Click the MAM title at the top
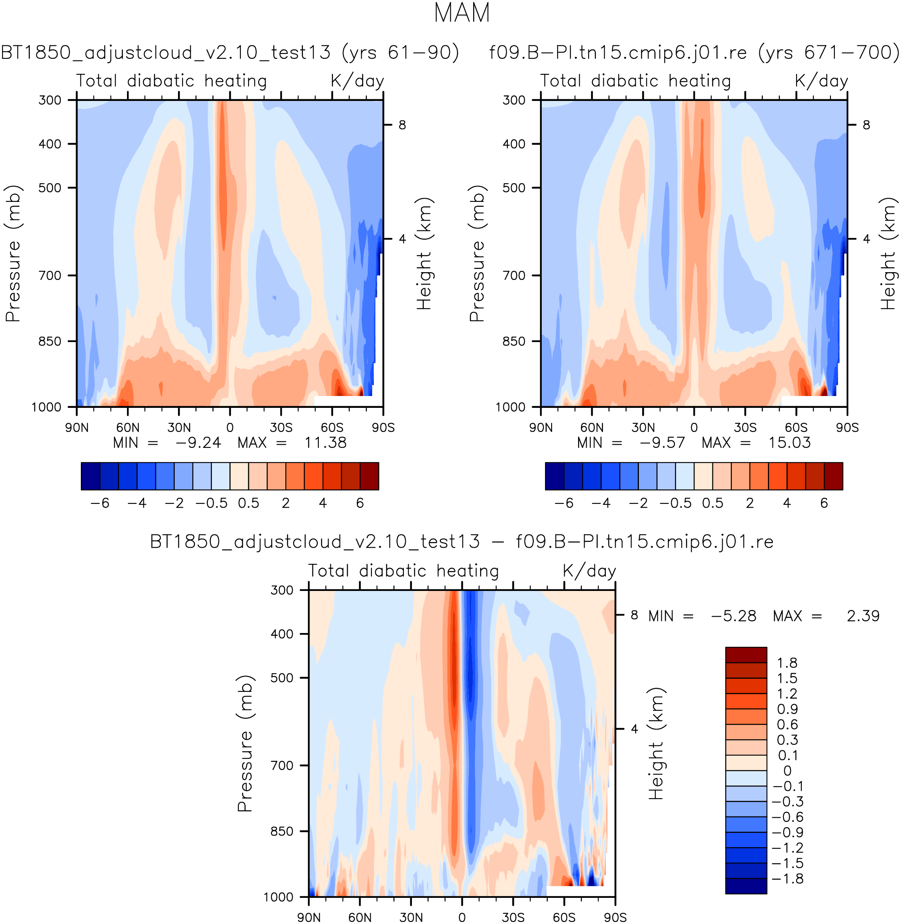pos(462,13)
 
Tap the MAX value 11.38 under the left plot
pos(325,443)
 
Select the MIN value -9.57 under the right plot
pos(662,443)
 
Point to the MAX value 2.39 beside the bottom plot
pos(863,616)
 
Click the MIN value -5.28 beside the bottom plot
pos(733,616)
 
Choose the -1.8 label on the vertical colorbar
pos(787,879)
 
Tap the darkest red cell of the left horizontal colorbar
pos(369,476)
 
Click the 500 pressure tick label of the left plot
pos(50,188)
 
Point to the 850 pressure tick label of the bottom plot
pos(282,831)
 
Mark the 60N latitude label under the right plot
pos(592,427)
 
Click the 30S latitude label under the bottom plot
pos(513,917)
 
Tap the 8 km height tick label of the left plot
pos(402,125)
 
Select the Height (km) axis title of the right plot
pos(888,253)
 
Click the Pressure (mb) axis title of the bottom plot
pos(245,743)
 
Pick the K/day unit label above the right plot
pos(821,81)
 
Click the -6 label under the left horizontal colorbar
pos(100,503)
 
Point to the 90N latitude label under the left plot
pos(77,427)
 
